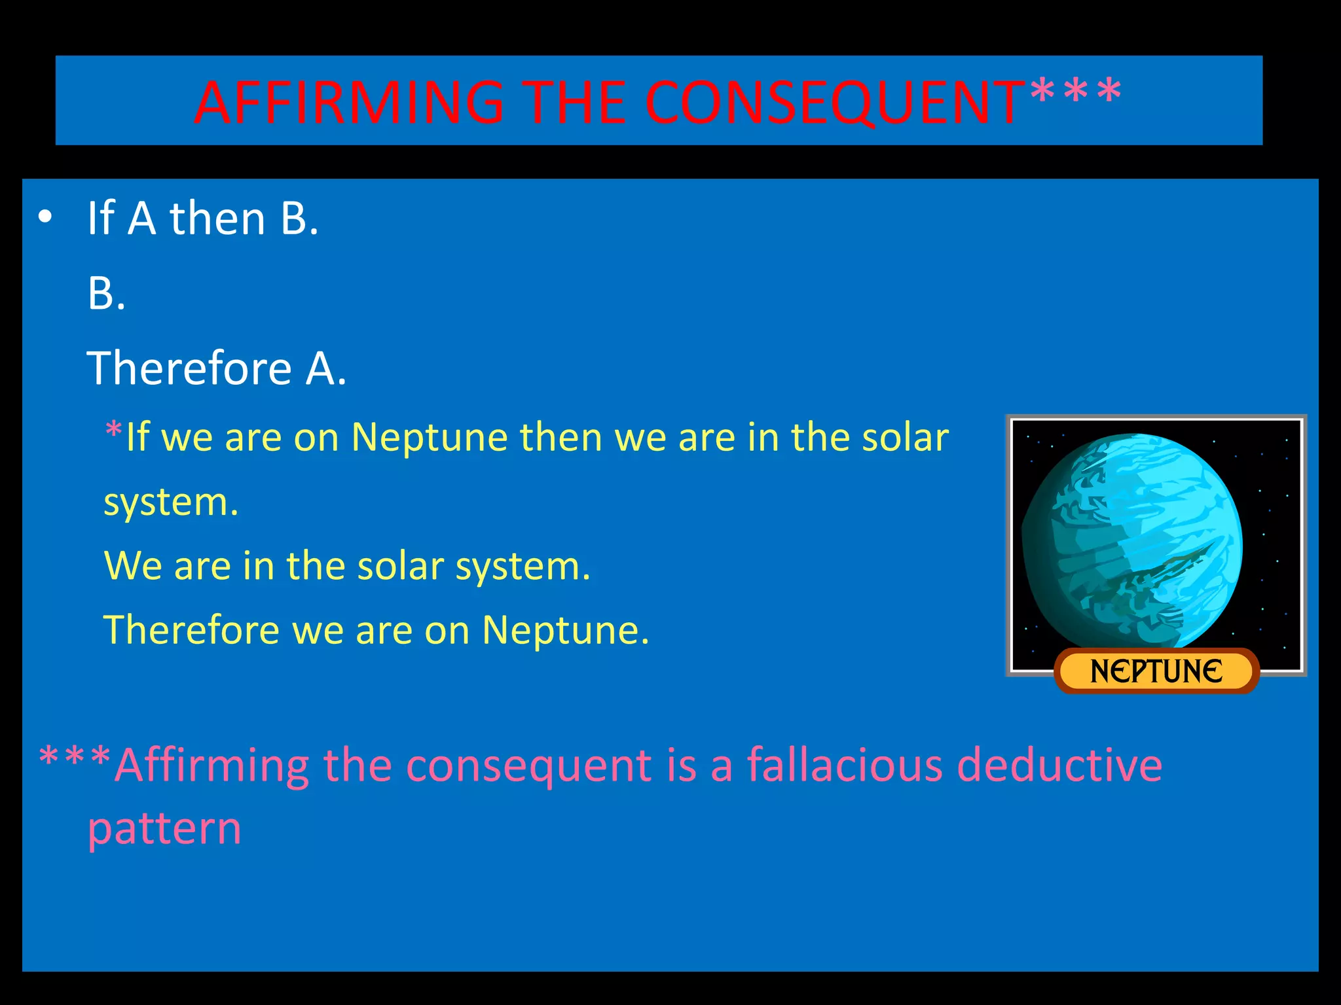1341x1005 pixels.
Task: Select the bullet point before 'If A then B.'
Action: click(45, 218)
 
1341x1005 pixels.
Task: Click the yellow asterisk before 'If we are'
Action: click(113, 432)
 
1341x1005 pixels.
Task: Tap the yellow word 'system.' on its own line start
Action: click(171, 502)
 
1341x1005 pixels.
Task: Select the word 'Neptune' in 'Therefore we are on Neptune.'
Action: click(565, 630)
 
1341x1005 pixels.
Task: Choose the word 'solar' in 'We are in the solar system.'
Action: click(400, 566)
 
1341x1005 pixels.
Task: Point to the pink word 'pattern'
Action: click(164, 830)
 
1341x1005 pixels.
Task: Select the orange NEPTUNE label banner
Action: click(1156, 671)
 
